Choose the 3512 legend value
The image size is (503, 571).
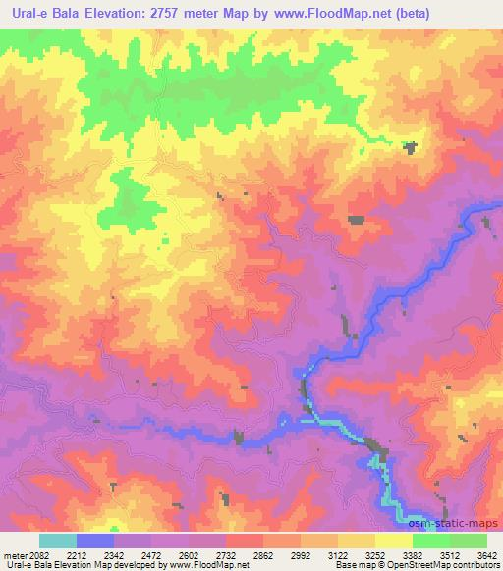(x=450, y=554)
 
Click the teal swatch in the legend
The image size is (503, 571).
(x=58, y=541)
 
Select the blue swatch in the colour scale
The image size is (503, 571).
(x=95, y=541)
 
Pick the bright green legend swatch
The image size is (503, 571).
(x=431, y=541)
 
